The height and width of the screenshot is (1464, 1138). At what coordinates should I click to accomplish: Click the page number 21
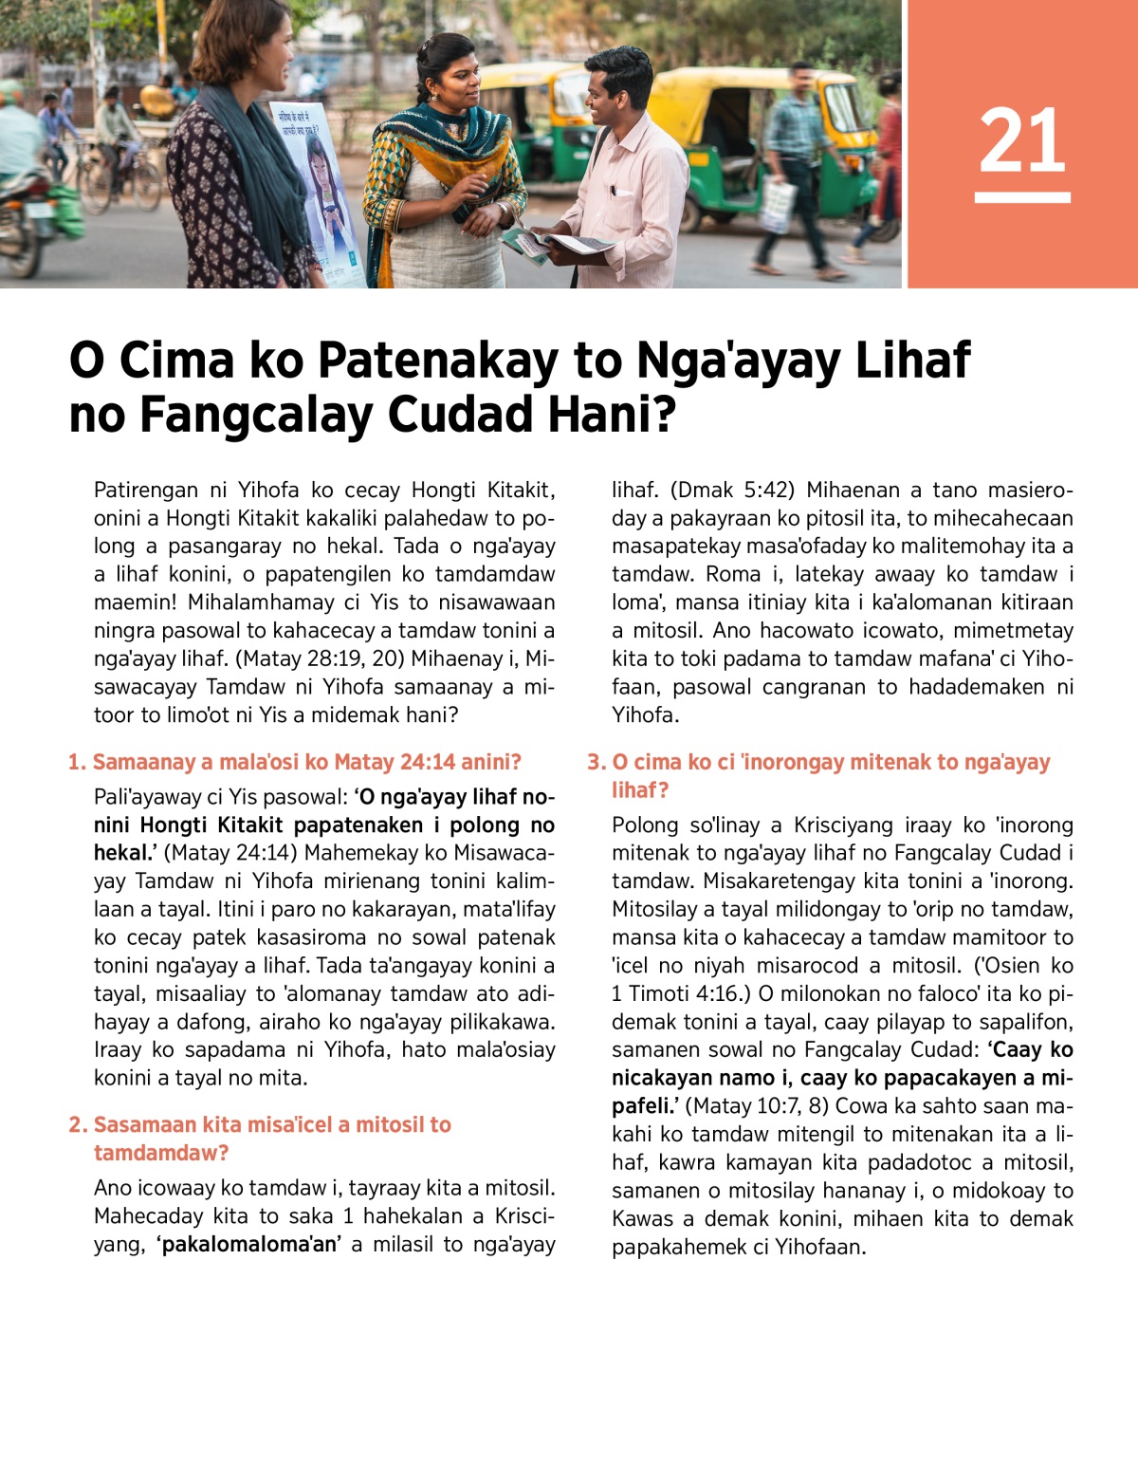coord(1021,140)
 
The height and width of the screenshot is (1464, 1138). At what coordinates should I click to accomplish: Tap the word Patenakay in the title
coord(437,361)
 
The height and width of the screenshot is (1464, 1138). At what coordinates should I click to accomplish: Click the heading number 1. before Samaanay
coord(77,763)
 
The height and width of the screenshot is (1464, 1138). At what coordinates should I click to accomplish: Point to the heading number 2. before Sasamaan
coord(78,1125)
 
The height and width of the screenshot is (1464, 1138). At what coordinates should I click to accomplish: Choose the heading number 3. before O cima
coord(596,763)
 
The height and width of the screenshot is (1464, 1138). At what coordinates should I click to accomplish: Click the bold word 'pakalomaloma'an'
coord(248,1244)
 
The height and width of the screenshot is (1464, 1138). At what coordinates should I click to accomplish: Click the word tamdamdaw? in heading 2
coord(161,1154)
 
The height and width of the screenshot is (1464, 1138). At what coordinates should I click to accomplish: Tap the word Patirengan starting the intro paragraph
coord(146,491)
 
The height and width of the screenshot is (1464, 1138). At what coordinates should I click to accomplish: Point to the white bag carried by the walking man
coord(777,203)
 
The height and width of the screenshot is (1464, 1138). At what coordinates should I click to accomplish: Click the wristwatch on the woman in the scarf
coord(500,207)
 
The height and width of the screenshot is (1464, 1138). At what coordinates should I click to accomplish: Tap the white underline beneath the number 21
coord(1021,197)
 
